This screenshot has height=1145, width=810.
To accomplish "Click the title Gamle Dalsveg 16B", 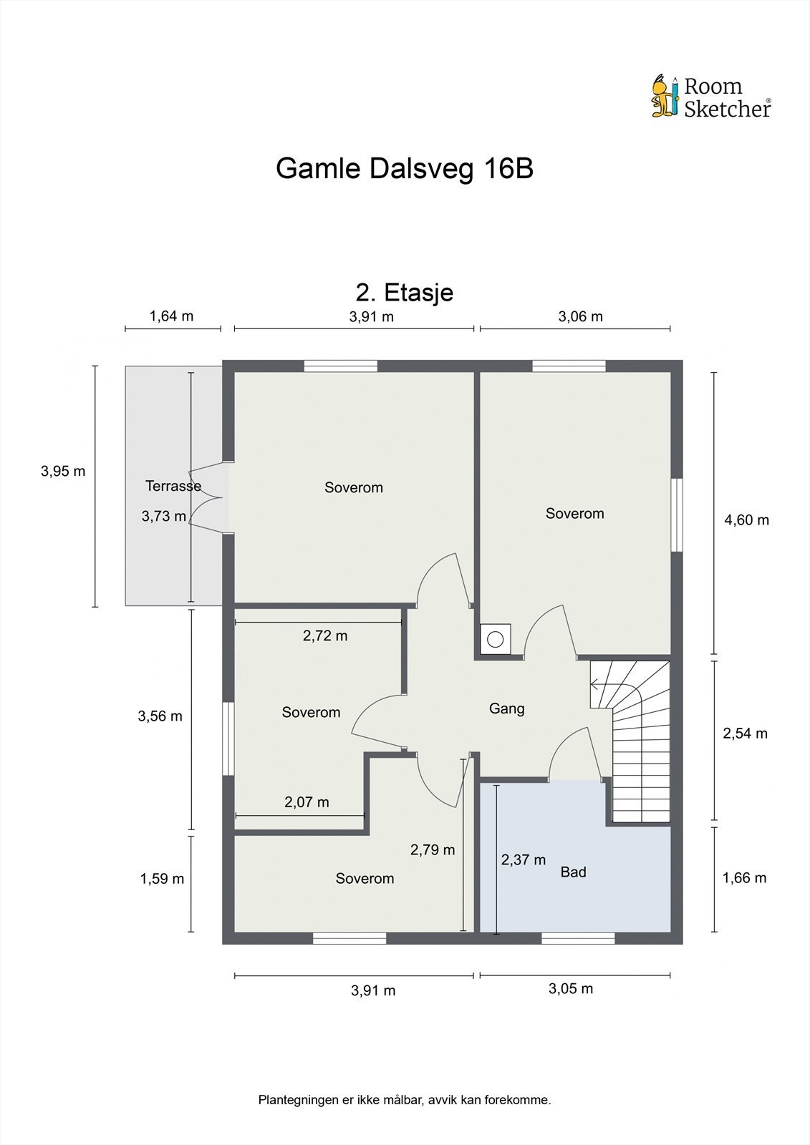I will tap(405, 170).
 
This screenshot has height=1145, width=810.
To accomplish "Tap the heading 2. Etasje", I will tap(405, 292).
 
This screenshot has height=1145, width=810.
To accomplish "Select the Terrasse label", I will tap(173, 486).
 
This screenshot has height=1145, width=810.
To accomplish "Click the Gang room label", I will tap(507, 708).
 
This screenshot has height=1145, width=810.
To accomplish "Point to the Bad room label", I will tap(573, 872).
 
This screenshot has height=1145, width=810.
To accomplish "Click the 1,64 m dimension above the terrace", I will tap(171, 316).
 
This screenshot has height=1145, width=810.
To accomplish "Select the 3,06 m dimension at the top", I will tap(580, 316).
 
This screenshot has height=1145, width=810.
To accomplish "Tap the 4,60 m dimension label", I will tap(746, 520).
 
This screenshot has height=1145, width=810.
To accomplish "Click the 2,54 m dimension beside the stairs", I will tap(745, 734).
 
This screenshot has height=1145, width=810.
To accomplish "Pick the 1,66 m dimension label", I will tap(744, 878).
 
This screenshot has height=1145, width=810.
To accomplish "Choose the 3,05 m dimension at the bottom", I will tap(571, 989).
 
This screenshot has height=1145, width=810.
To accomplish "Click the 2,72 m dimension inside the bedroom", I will tap(325, 635).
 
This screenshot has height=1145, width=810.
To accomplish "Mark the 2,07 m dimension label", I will tap(307, 802).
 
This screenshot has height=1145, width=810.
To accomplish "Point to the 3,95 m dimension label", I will tap(63, 471).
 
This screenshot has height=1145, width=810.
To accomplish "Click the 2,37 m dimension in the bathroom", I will tap(523, 859).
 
